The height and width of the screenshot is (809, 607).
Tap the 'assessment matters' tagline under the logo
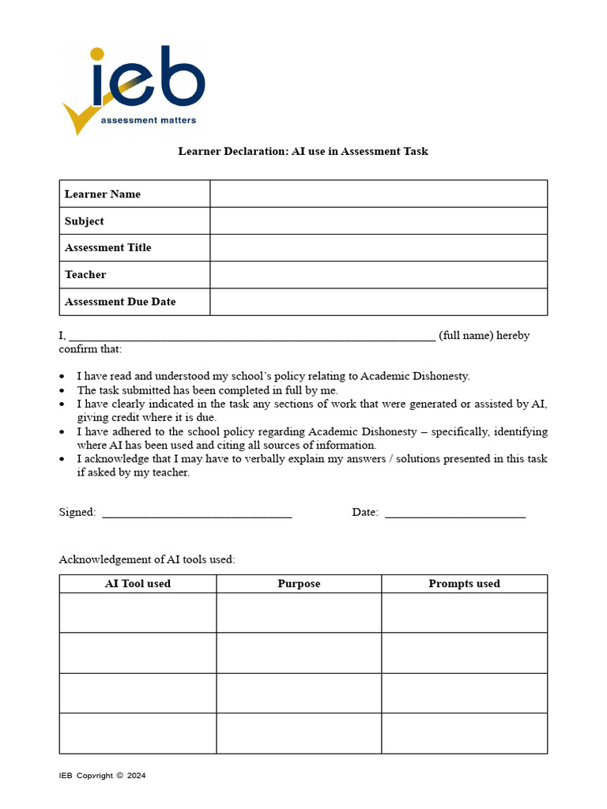148,121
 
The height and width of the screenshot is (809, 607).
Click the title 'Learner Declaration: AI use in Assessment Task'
303,151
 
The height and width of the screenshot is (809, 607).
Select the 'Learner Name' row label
103,194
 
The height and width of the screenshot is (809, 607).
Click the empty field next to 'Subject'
378,221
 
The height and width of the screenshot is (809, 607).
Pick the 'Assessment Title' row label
107,248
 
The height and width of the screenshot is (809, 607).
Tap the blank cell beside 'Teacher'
378,275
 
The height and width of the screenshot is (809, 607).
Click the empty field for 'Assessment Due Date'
378,302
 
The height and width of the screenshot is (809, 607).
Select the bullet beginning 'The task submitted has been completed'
207,390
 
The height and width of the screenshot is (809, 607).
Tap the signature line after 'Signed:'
197,514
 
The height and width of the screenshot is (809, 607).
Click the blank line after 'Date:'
454,514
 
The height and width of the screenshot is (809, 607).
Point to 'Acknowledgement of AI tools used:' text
147,559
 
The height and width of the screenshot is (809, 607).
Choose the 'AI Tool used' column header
138,584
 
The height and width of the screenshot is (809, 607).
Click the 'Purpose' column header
299,584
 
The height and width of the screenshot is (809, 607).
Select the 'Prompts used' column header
464,584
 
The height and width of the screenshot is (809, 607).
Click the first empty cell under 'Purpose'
299,613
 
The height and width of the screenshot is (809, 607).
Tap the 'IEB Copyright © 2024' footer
102,776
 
